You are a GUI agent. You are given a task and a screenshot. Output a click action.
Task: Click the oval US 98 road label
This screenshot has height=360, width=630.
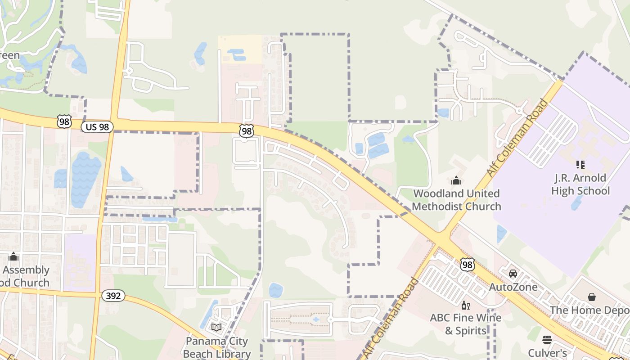click(x=97, y=127)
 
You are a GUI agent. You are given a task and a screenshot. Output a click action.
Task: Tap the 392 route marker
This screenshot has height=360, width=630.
click(x=113, y=296)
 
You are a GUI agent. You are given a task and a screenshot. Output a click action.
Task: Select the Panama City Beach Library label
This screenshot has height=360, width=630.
click(x=217, y=347)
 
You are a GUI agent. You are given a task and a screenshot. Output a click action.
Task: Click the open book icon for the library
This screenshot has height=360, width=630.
click(x=216, y=327)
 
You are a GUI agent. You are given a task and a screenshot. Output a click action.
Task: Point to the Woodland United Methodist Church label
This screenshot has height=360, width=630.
click(x=456, y=200)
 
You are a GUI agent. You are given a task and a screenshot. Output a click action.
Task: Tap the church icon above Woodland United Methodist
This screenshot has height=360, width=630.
click(x=456, y=180)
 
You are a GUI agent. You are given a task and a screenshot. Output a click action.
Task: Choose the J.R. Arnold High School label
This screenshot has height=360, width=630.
click(x=580, y=184)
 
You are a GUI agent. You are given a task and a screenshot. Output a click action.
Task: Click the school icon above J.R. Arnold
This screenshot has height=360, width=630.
click(x=580, y=165)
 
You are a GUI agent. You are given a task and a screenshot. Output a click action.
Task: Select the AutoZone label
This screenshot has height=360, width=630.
click(x=513, y=287)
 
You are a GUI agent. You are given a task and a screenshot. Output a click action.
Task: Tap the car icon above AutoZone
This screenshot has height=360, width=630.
click(x=513, y=273)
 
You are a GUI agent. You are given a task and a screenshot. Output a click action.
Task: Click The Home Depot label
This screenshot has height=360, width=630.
click(x=589, y=310)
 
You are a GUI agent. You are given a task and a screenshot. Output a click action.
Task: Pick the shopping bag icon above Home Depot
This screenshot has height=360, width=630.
click(x=592, y=297)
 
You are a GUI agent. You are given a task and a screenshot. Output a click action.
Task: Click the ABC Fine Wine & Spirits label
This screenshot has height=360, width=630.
click(x=466, y=324)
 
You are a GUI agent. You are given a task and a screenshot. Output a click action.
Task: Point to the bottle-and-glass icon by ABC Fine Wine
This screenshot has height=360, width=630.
click(x=466, y=306)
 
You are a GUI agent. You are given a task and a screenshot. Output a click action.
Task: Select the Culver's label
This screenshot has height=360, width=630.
click(x=547, y=352)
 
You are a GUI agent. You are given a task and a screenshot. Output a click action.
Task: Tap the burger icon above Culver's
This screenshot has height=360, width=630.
click(x=547, y=339)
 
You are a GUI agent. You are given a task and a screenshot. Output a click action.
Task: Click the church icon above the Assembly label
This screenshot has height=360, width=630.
click(x=13, y=256)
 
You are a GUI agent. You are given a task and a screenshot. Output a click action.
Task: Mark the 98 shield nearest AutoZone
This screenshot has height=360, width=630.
click(x=468, y=265)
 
